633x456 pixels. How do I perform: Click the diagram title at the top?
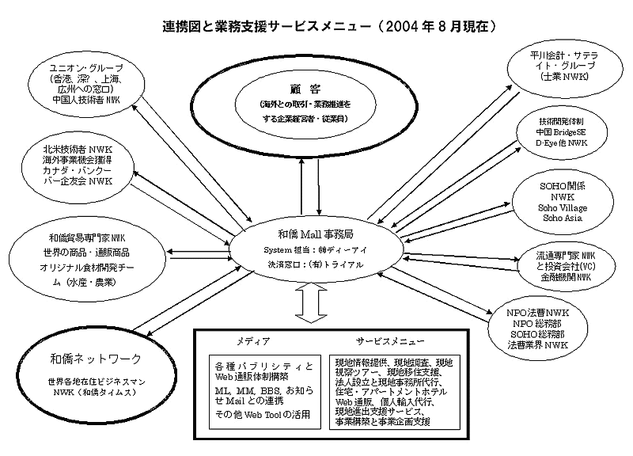pyautogui.click(x=316, y=26)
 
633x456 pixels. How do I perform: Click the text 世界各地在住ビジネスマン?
pyautogui.click(x=84, y=382)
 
